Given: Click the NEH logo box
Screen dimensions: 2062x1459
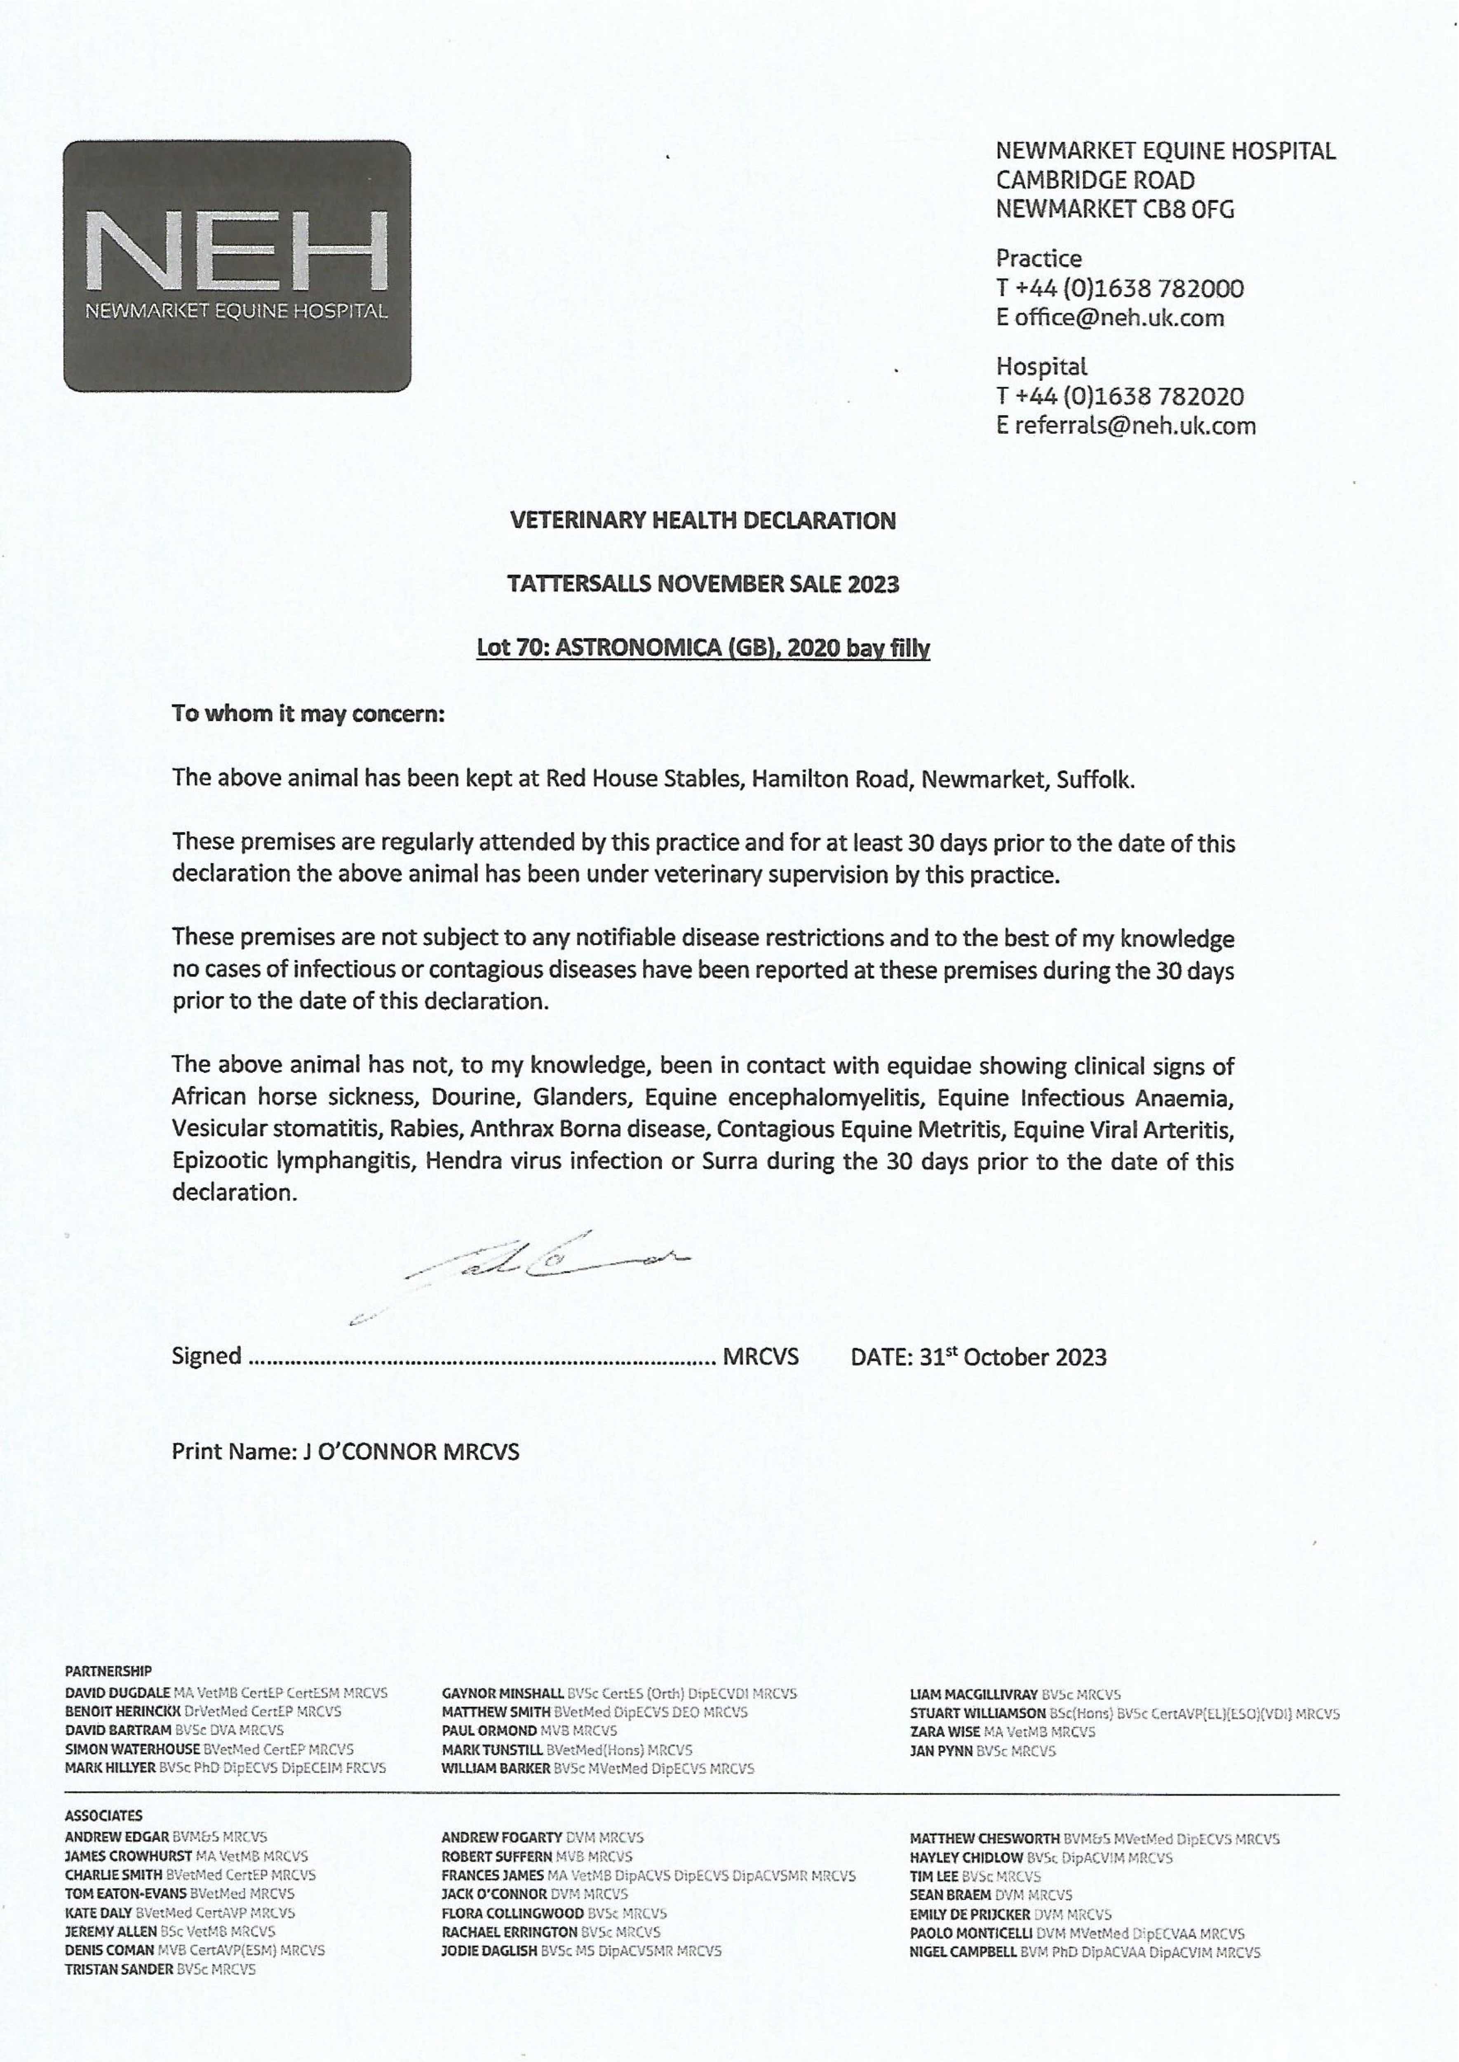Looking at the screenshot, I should [x=237, y=266].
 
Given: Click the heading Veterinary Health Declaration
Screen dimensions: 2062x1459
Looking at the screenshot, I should [x=702, y=520].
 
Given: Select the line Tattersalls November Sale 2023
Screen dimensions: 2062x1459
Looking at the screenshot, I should [x=702, y=584].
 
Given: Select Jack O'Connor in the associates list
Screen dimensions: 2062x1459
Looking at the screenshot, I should [x=494, y=1893].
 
